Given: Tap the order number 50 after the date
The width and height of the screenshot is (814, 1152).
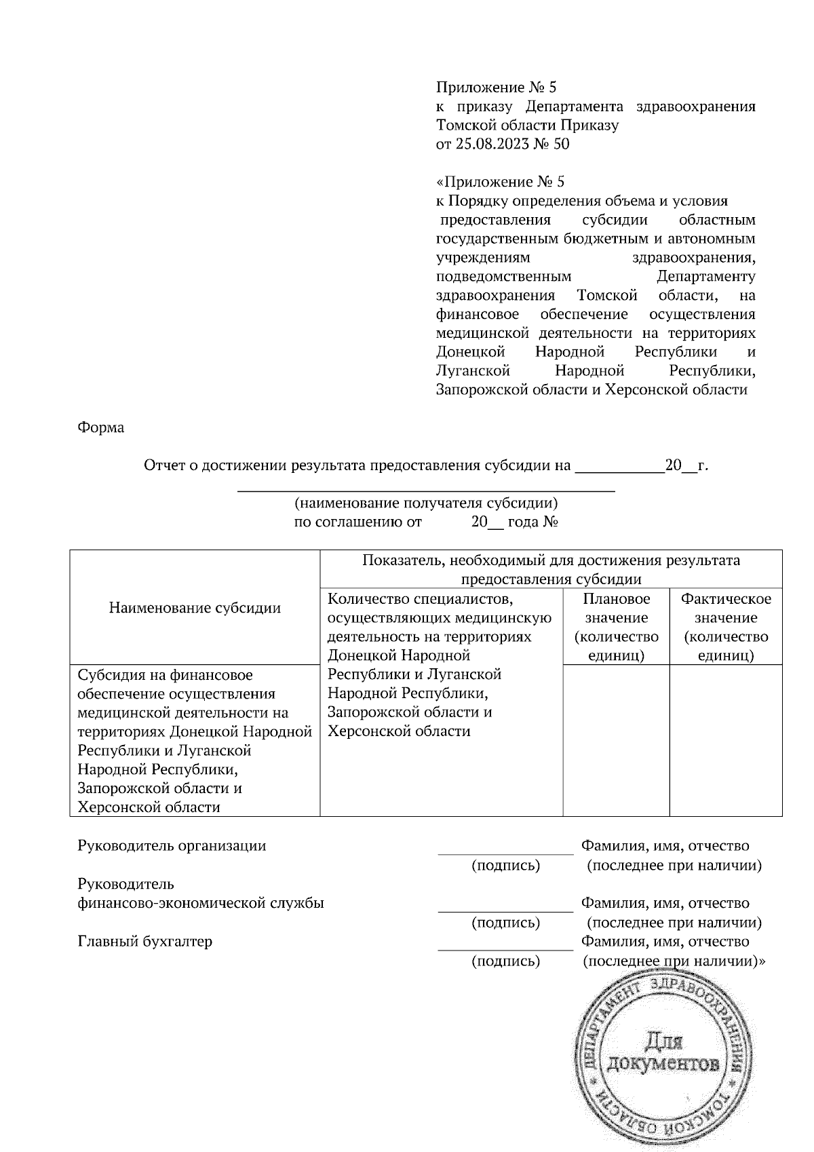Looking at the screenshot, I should [x=562, y=145].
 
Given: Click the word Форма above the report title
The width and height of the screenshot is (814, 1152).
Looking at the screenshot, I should [x=101, y=428].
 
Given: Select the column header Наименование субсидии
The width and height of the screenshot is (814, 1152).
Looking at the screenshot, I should [x=195, y=608].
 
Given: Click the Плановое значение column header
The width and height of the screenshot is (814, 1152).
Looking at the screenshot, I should [x=616, y=627].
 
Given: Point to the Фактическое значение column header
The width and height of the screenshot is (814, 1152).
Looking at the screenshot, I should [x=726, y=627].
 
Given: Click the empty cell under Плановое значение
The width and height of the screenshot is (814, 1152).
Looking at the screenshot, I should [x=616, y=740].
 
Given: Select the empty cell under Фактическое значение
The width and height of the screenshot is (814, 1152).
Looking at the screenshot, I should [x=726, y=740].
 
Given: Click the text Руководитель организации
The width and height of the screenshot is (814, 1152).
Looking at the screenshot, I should [x=172, y=846].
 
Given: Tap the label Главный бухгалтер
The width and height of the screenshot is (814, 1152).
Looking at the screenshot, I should [x=145, y=942].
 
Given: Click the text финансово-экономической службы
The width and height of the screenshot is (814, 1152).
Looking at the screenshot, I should [x=201, y=904].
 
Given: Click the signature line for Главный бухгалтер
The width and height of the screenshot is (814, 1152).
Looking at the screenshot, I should [x=505, y=948].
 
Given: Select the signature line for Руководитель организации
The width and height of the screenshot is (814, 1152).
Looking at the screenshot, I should [x=505, y=853].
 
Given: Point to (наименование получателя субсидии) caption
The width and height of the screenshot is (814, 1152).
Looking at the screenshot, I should [x=425, y=503].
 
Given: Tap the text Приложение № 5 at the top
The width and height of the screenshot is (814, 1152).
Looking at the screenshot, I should [x=496, y=88].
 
